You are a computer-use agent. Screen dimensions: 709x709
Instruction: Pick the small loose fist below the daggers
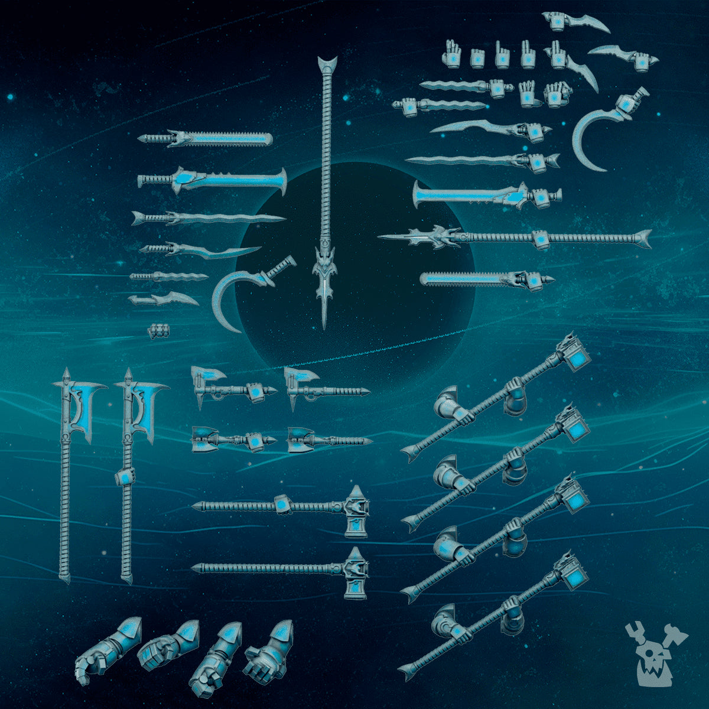155,331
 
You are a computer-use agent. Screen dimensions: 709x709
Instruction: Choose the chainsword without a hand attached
207,139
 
